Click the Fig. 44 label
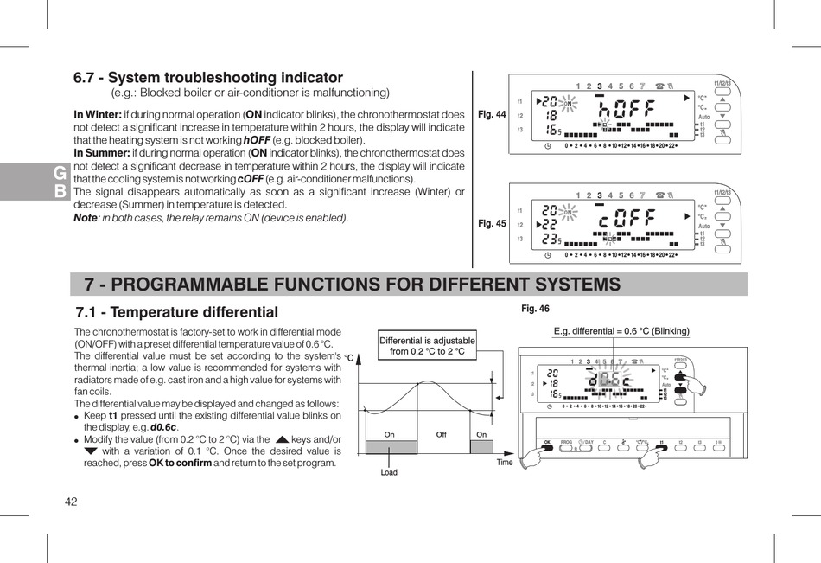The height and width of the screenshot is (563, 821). pos(491,114)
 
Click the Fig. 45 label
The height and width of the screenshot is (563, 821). pos(491,223)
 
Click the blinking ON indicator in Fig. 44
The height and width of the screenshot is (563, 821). pos(569,104)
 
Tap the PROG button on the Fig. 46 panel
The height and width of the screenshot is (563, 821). pos(567,443)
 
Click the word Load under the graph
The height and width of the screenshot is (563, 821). pos(389,472)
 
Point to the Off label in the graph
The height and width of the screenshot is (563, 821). pos(441,435)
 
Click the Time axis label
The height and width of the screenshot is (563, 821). pos(505,462)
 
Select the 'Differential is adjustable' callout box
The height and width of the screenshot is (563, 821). pos(427,346)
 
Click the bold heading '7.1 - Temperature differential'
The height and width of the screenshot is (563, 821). pos(177,312)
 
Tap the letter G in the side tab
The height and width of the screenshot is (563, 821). pos(59,174)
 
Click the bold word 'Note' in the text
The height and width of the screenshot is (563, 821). pos(86,218)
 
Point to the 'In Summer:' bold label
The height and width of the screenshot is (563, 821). pos(102,153)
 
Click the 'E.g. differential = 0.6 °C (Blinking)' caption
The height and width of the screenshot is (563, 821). pos(621,331)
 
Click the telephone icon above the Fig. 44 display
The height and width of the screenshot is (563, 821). pos(661,85)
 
